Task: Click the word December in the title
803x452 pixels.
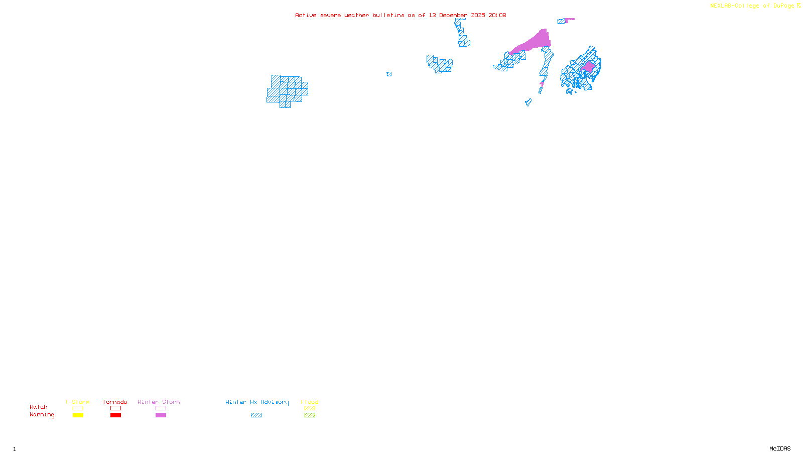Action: (453, 16)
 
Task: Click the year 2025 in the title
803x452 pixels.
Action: (478, 16)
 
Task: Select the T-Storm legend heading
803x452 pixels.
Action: (77, 402)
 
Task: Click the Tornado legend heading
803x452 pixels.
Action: (115, 402)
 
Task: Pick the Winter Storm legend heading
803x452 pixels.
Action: (159, 402)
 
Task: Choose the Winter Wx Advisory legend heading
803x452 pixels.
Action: (257, 402)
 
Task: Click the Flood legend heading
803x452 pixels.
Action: (310, 402)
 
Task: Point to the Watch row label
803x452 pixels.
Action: (39, 407)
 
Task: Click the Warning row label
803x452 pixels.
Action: (42, 415)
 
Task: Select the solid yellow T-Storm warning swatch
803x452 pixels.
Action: (78, 415)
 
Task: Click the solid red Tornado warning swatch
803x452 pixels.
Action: (115, 415)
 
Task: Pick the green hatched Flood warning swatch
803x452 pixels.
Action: (310, 415)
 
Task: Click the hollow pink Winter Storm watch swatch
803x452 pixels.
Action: (161, 408)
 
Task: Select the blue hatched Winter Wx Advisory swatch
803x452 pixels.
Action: (256, 415)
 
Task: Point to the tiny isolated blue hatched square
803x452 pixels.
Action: (389, 74)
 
